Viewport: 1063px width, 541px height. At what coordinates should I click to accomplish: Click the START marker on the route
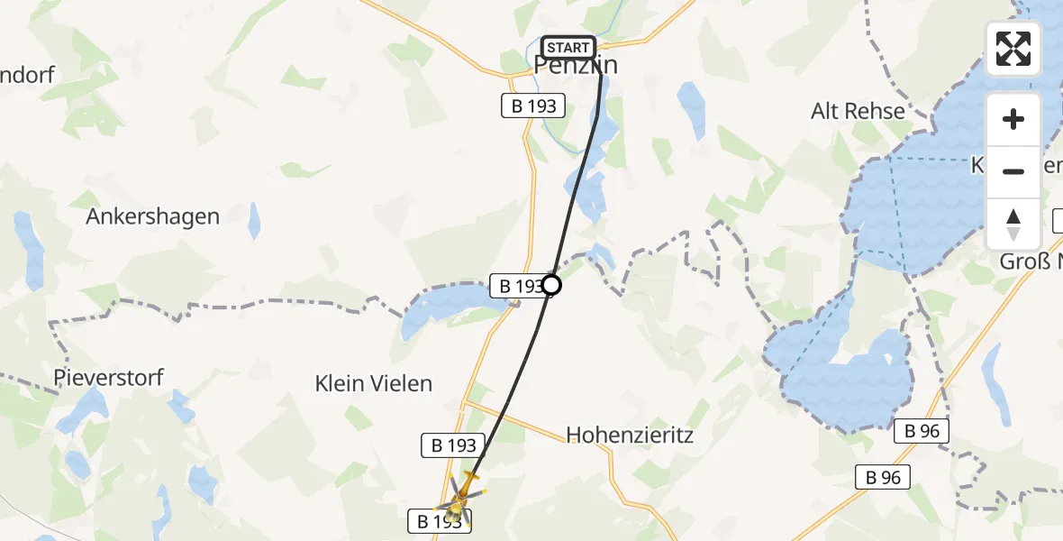(x=568, y=48)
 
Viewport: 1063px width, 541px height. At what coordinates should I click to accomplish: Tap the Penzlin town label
(x=576, y=66)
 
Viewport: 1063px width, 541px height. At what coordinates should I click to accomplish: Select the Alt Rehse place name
(x=858, y=111)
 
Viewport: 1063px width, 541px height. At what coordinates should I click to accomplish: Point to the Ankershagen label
(x=153, y=216)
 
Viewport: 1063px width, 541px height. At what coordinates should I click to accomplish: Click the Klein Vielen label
(x=374, y=383)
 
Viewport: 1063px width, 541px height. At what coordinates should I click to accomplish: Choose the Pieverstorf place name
(x=109, y=377)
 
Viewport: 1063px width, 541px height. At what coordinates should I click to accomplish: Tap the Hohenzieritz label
(x=630, y=436)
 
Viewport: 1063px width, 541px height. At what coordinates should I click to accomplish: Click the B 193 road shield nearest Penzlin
(x=533, y=106)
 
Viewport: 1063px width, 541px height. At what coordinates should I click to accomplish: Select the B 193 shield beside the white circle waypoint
(x=517, y=287)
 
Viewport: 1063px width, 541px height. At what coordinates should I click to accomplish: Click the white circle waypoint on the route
(x=551, y=286)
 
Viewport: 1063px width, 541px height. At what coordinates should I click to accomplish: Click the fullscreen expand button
(x=1013, y=49)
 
